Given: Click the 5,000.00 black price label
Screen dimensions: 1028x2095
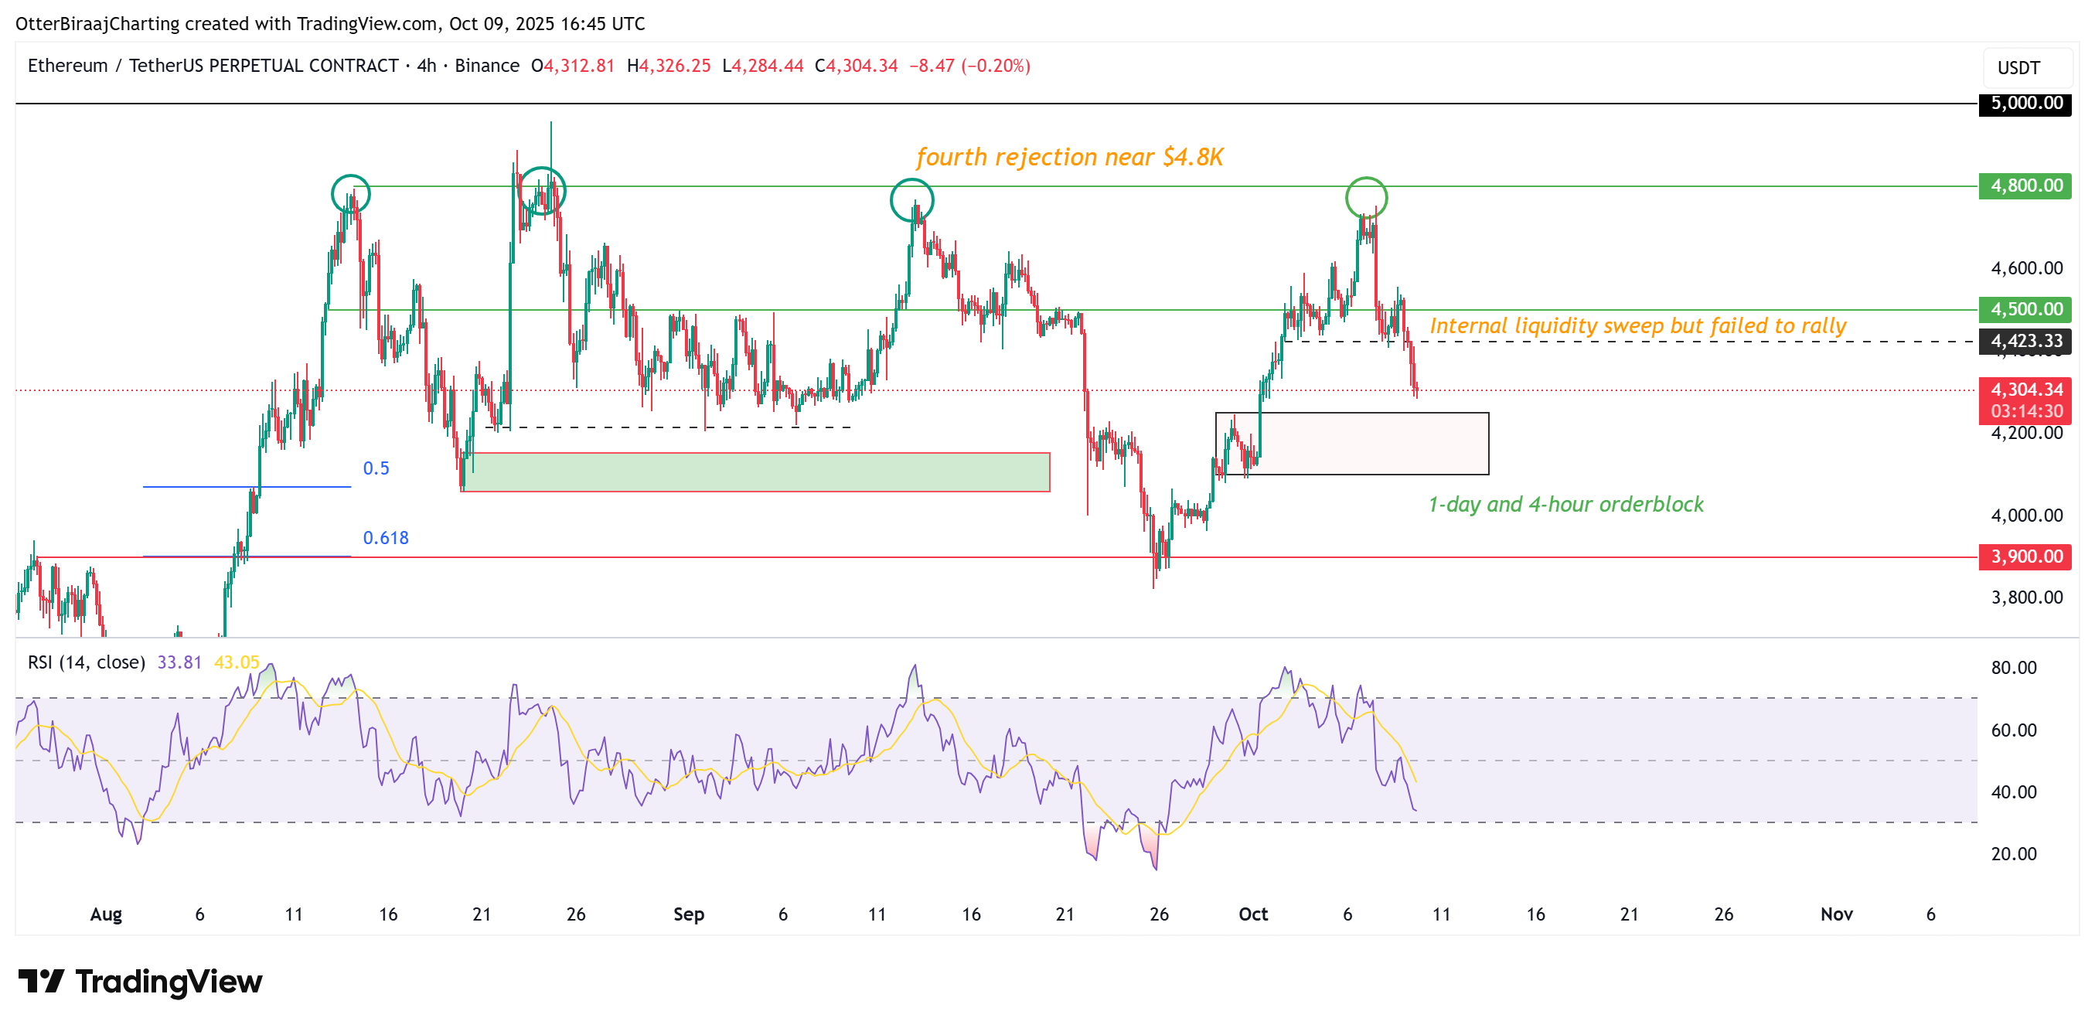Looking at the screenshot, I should (x=2025, y=104).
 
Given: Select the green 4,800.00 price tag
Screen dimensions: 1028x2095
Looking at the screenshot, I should (x=2025, y=186).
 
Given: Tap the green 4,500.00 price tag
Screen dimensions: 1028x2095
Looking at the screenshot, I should (x=2025, y=310).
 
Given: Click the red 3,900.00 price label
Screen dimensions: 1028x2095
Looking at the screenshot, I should (x=2025, y=557).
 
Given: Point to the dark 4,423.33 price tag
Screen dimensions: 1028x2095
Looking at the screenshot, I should (x=2025, y=342).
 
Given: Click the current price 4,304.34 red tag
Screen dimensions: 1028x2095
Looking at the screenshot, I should (x=2025, y=390).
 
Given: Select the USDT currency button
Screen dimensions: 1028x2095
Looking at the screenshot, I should (x=2018, y=68).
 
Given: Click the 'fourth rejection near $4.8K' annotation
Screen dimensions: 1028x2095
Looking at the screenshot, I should (x=1068, y=157).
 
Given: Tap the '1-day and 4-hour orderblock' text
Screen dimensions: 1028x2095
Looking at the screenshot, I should (x=1565, y=505).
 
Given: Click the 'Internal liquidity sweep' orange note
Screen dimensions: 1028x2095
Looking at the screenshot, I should (x=1637, y=326).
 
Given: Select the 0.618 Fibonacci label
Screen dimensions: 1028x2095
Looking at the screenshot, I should (x=386, y=539).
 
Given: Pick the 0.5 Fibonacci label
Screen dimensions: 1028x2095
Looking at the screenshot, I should (x=376, y=468).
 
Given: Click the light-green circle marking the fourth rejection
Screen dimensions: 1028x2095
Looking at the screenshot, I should (x=1366, y=198).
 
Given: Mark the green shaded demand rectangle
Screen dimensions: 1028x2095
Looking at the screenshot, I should (x=755, y=472).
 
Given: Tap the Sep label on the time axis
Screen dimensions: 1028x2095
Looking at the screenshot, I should (x=688, y=914).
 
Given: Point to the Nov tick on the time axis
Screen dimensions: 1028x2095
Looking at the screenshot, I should (x=1835, y=914).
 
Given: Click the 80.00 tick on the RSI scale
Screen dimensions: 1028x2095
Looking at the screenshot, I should (x=2013, y=669).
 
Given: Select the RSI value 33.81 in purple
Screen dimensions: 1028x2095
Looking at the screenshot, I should (x=179, y=663).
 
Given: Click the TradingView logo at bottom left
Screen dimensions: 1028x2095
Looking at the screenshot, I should (x=140, y=982).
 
